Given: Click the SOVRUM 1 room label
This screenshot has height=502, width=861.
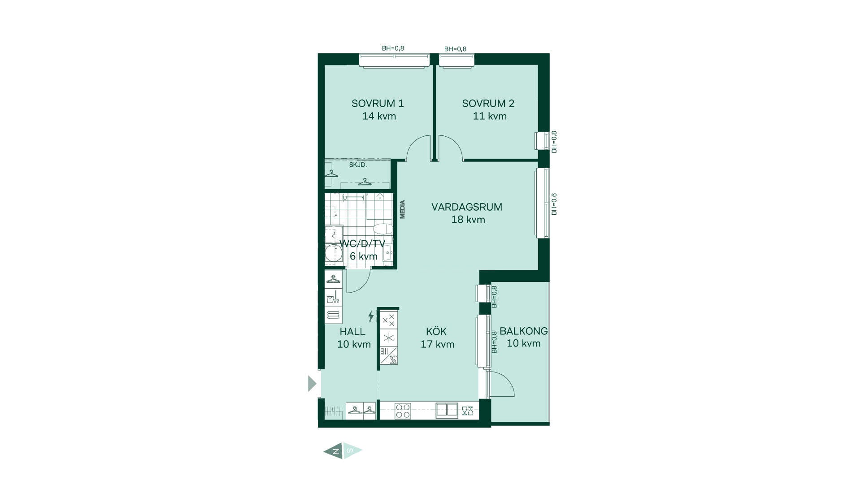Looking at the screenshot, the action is point(378,104).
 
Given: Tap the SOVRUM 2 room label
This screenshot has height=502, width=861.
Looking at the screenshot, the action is point(488,104).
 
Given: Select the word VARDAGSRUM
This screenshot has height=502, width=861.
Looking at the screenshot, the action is point(467,207).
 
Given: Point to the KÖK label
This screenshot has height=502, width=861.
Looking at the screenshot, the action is point(436,331).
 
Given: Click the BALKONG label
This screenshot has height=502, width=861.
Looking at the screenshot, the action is point(524,331).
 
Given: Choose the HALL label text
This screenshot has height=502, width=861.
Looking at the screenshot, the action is point(352,332).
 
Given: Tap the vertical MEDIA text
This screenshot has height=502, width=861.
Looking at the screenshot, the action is point(402,209).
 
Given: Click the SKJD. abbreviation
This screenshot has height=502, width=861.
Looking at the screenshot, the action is point(358,165).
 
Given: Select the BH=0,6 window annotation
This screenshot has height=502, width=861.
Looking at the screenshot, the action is point(554,204).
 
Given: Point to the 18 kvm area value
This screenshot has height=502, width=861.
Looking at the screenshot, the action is point(468,220).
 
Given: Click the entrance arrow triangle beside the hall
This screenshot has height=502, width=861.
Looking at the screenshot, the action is point(312,384).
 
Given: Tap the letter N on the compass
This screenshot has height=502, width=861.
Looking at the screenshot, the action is point(336,451).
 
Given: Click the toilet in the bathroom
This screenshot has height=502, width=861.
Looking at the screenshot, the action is point(383,229).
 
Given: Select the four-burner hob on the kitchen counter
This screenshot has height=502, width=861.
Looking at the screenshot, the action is point(403,411).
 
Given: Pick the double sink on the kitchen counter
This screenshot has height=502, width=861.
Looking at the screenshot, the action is point(447,411).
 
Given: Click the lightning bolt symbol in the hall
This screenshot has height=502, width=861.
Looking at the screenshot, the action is point(371,316).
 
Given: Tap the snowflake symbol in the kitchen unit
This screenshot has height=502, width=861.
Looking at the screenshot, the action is point(389,338).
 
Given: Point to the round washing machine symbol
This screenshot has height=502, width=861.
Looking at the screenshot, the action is point(333,253).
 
